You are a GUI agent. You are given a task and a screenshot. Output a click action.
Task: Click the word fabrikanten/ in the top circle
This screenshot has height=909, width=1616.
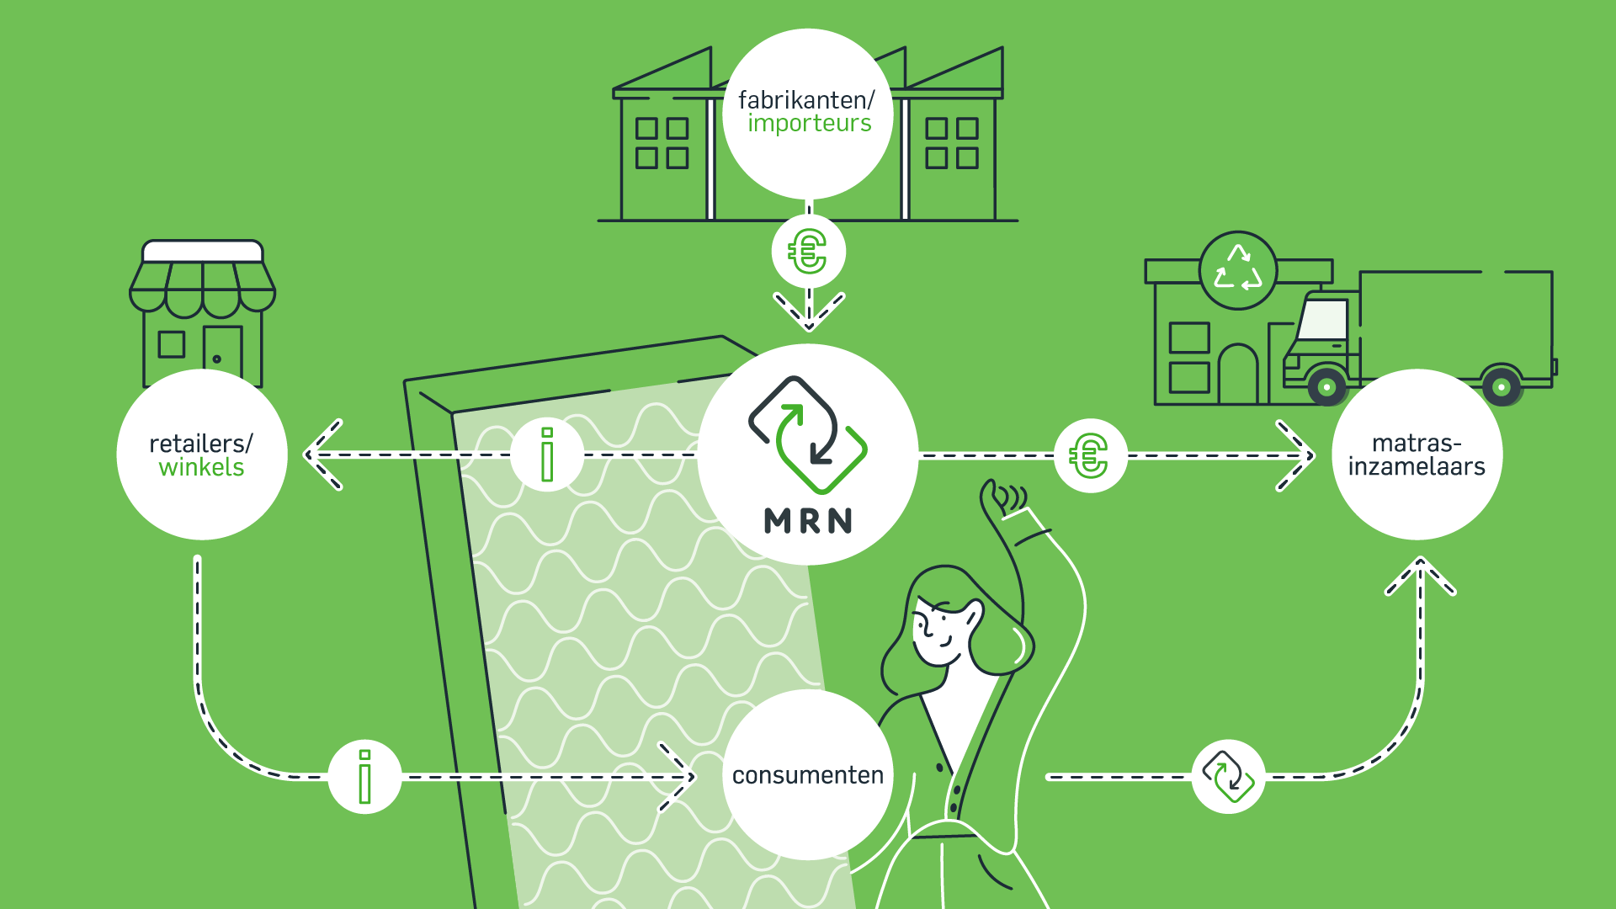tap(806, 100)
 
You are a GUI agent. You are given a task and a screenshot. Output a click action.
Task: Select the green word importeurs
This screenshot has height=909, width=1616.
tap(809, 124)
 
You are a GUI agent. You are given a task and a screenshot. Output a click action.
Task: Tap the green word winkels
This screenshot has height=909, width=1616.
tap(201, 467)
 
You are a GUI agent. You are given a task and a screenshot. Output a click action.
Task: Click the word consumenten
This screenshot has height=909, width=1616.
tap(808, 775)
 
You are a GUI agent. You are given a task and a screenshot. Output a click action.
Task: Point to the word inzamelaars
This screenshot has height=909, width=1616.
tap(1417, 466)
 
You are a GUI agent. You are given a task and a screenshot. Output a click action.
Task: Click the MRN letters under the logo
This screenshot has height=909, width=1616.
tap(808, 521)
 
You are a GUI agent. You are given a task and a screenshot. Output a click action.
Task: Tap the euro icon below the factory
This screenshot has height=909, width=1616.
tap(808, 252)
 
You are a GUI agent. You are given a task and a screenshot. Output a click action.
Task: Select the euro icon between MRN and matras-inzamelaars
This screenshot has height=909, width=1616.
tap(1090, 456)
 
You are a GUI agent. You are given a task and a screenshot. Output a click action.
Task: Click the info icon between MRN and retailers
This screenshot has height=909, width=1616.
tap(547, 454)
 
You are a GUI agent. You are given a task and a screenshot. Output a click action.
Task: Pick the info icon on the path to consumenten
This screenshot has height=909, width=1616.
tap(364, 777)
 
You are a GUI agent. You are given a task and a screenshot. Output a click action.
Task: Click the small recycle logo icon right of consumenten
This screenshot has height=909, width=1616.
tap(1228, 777)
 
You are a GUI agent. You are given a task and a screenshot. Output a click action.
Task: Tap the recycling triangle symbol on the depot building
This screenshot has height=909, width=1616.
tap(1238, 270)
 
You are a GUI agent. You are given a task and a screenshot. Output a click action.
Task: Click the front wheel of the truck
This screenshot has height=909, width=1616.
tap(1327, 387)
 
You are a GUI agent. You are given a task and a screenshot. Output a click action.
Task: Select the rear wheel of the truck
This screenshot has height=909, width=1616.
tap(1502, 387)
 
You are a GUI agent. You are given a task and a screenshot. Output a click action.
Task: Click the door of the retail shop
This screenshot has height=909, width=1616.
tap(222, 354)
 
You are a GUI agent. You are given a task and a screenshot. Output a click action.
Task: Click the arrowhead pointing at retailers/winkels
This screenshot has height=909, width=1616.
tap(322, 454)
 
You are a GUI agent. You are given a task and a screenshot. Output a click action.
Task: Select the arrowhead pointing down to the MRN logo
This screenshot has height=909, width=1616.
tap(809, 311)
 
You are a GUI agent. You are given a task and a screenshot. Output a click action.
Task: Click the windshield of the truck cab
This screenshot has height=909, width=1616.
tap(1323, 320)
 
